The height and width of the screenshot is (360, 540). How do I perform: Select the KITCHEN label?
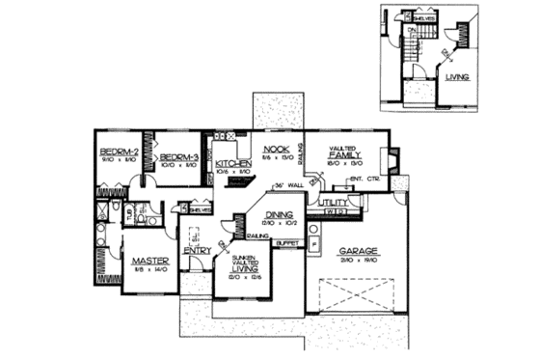pos(232,164)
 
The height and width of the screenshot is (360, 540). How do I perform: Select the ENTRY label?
pos(198,251)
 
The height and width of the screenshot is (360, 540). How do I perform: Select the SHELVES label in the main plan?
pos(201,208)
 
